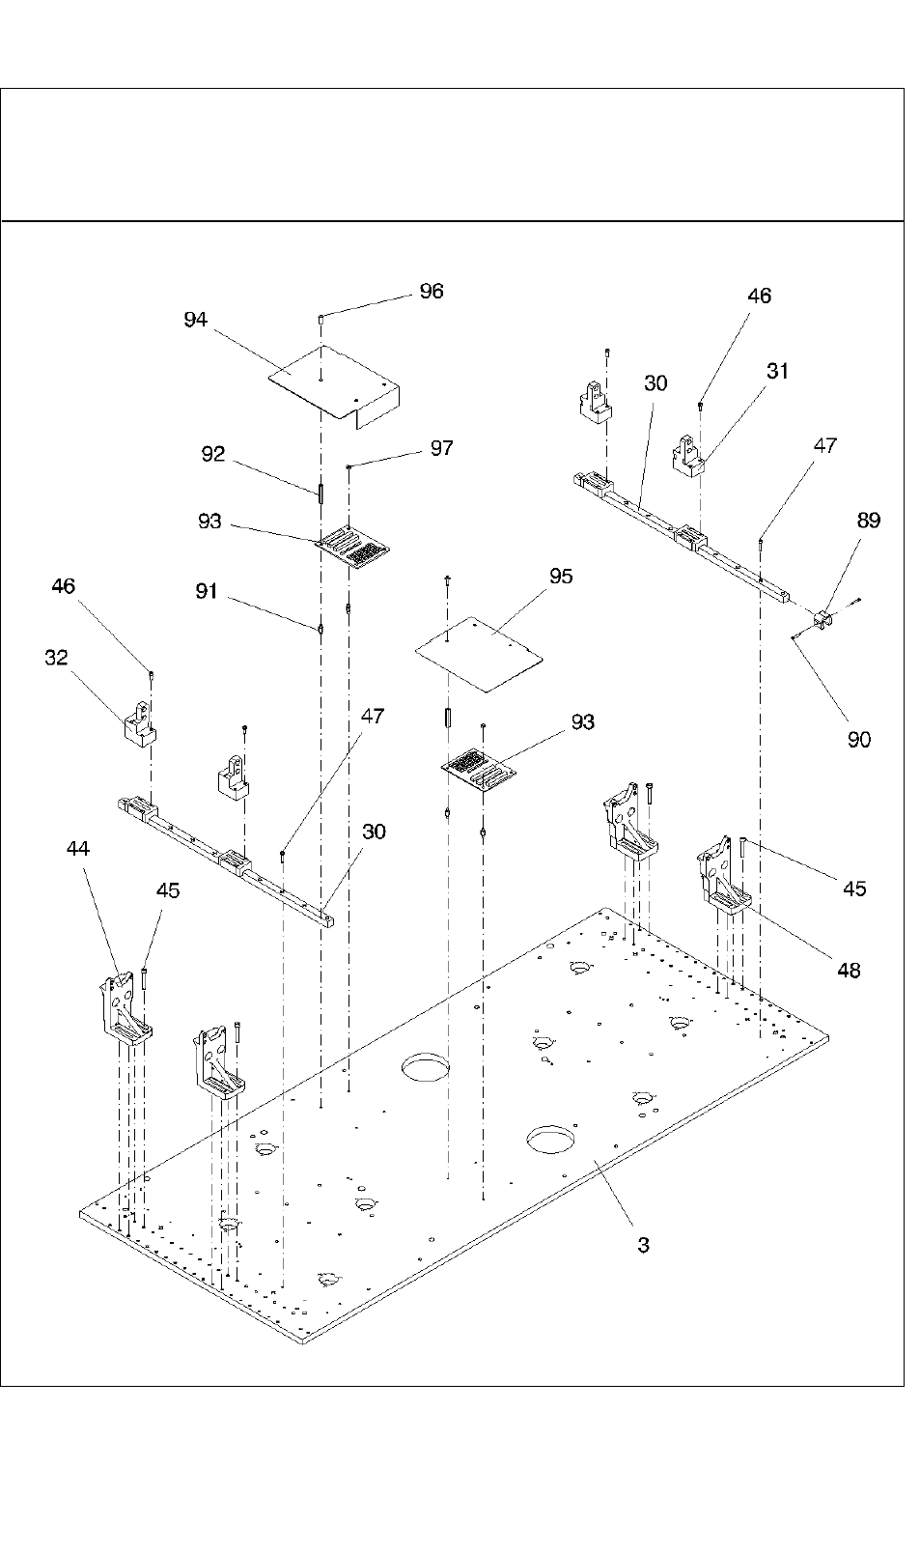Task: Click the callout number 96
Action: click(x=431, y=291)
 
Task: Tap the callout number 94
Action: click(x=195, y=320)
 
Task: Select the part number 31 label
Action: click(x=778, y=371)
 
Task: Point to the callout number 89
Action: click(x=868, y=521)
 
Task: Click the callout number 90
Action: click(x=858, y=739)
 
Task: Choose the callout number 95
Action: click(x=560, y=576)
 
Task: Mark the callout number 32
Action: click(x=56, y=658)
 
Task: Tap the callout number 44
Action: click(x=78, y=848)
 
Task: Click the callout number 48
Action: click(x=849, y=970)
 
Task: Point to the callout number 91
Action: click(x=207, y=591)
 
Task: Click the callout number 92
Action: click(x=212, y=454)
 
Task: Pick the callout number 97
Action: click(x=441, y=448)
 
